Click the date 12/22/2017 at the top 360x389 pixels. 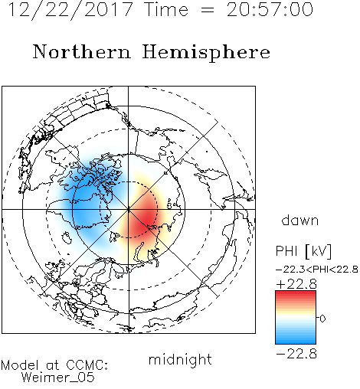(70, 10)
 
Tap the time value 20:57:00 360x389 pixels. (270, 10)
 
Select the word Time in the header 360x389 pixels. (166, 10)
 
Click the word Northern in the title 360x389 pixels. (82, 51)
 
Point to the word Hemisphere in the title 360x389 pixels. (206, 53)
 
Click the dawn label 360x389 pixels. (300, 221)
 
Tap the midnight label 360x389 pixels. (180, 359)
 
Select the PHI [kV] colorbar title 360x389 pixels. (304, 251)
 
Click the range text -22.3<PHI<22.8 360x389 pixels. (317, 270)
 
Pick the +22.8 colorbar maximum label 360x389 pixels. (296, 284)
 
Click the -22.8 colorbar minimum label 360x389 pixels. (296, 354)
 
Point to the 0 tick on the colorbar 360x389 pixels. (322, 319)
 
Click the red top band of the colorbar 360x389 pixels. (296, 295)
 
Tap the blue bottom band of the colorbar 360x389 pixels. (296, 339)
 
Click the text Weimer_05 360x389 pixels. (58, 378)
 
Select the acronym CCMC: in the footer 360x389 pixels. (87, 364)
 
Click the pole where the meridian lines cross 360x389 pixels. (129, 210)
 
